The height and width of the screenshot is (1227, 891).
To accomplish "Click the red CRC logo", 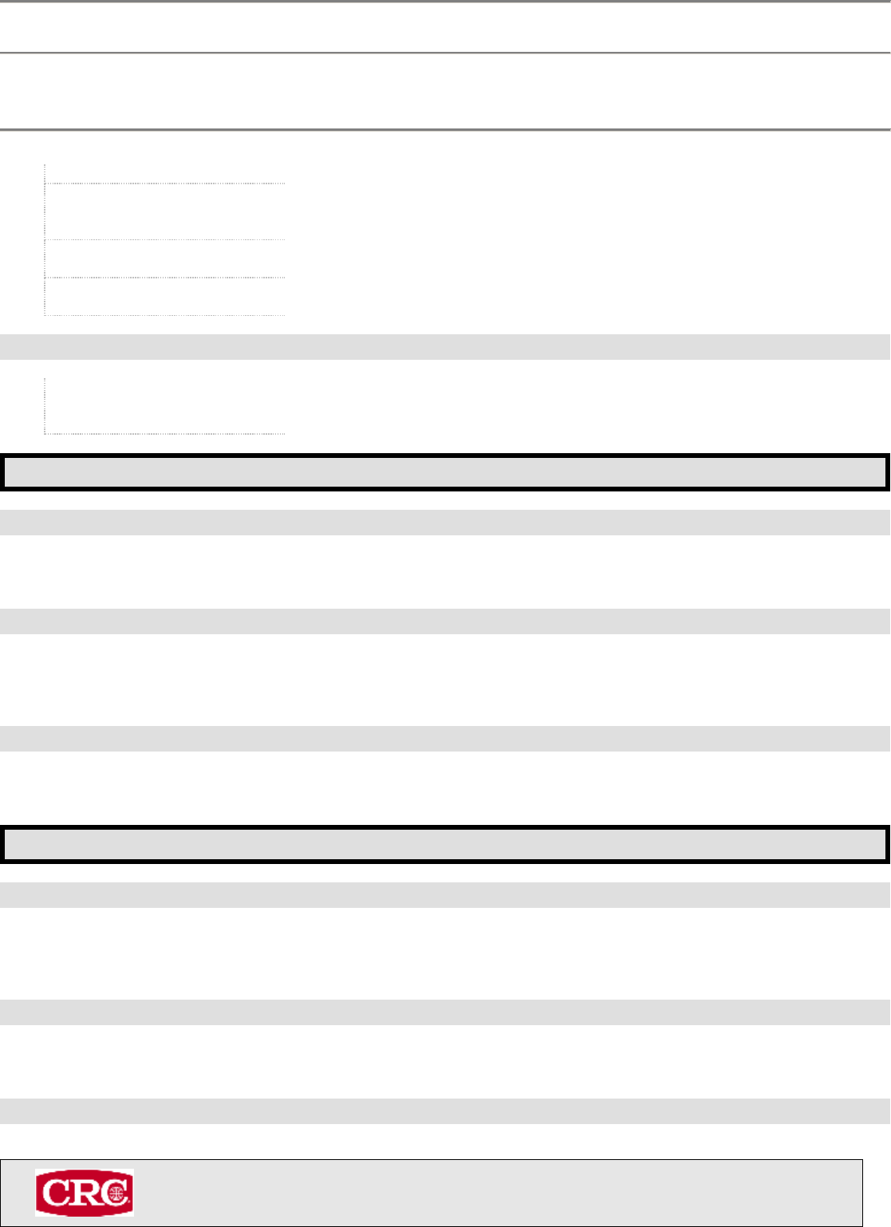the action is [84, 1193].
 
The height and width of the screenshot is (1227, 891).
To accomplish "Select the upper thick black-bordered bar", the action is [445, 471].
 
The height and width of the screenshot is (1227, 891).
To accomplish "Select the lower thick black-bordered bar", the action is [445, 844].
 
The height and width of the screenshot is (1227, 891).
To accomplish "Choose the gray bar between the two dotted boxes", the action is [445, 347].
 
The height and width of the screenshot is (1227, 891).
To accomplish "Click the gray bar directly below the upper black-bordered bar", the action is [445, 523].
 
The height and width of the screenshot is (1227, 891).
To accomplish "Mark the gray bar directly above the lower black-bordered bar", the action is [445, 739].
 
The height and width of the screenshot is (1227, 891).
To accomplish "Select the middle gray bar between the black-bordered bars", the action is [445, 621].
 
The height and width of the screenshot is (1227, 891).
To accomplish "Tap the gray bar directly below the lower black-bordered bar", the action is [445, 895].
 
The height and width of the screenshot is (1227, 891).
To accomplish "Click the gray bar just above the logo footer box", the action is [445, 1111].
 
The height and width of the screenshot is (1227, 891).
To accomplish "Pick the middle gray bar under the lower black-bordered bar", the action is [445, 1012].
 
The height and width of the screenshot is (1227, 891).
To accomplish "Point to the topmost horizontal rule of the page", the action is [445, 2].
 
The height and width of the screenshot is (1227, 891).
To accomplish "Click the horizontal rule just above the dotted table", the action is [445, 129].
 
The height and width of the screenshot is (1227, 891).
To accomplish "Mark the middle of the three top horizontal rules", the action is [445, 53].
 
